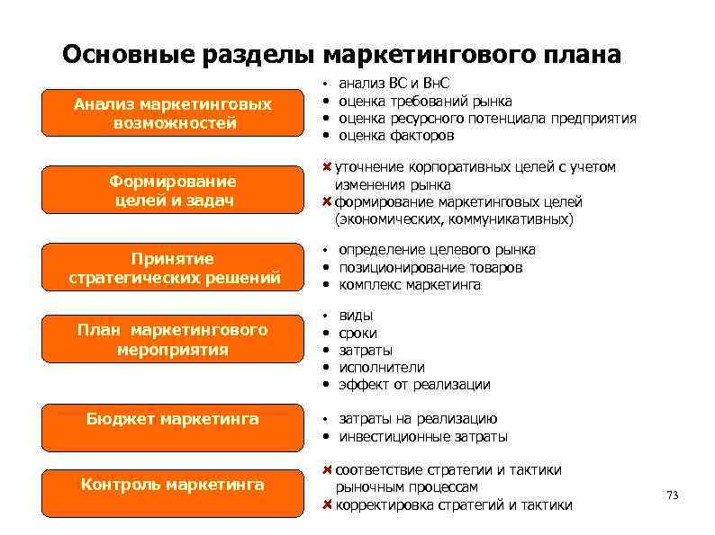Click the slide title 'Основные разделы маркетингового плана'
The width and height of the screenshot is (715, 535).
point(341,56)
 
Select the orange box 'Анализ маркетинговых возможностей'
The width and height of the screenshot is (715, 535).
point(172,114)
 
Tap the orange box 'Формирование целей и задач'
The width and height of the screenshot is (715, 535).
point(172,191)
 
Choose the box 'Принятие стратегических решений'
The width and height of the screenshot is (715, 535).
point(172,268)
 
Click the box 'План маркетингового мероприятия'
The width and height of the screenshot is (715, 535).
point(172,339)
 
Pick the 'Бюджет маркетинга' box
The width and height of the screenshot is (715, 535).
point(172,419)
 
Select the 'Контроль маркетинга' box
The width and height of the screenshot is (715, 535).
point(172,485)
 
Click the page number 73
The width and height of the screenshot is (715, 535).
point(671,495)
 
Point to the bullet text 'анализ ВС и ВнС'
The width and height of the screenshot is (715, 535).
point(394,84)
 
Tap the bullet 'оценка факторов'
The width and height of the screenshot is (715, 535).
point(396,136)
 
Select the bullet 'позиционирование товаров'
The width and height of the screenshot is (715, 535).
point(430,268)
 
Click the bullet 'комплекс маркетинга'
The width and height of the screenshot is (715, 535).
point(410,285)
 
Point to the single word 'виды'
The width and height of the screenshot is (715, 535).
point(356,316)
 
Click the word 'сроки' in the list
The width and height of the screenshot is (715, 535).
point(357,333)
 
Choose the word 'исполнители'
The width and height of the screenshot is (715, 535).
point(381,367)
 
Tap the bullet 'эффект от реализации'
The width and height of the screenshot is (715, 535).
point(414,385)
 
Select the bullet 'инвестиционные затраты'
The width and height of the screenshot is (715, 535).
point(423,437)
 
